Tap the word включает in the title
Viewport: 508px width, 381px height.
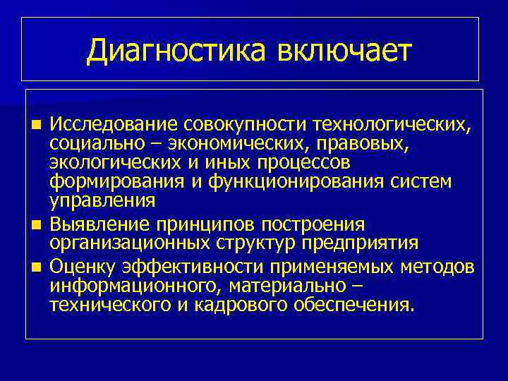(344, 51)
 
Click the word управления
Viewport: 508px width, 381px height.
(102, 201)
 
